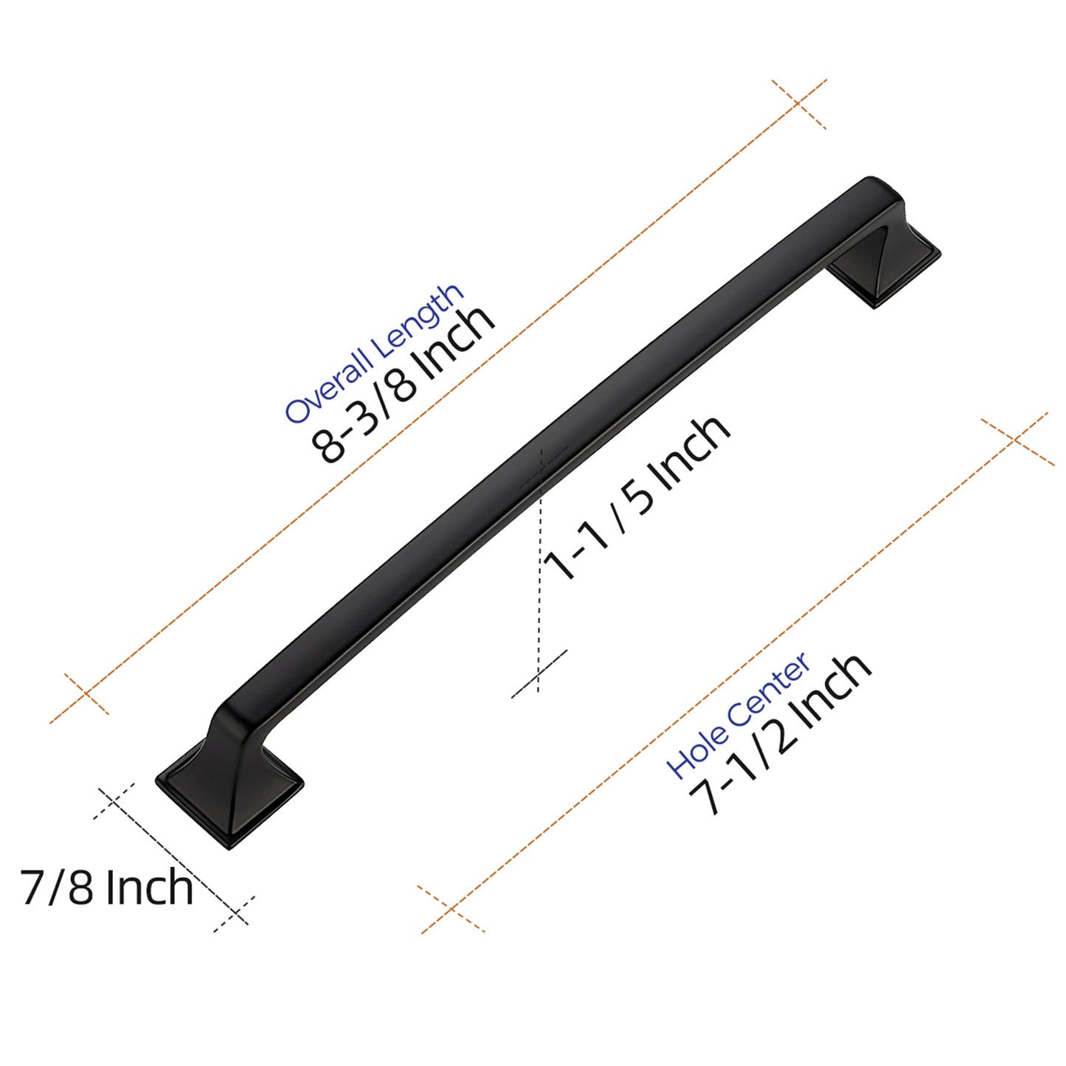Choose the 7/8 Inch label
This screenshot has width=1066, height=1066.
107,887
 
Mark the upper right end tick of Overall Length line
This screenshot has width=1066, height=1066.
798,103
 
